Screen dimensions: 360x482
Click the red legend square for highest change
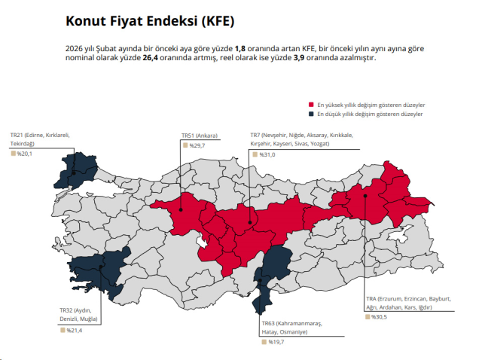(311, 105)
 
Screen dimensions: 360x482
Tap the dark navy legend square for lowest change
(311, 114)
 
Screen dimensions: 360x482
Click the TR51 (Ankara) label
(200, 136)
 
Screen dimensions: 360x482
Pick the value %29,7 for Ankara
(197, 145)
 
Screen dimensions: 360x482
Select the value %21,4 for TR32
(74, 330)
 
